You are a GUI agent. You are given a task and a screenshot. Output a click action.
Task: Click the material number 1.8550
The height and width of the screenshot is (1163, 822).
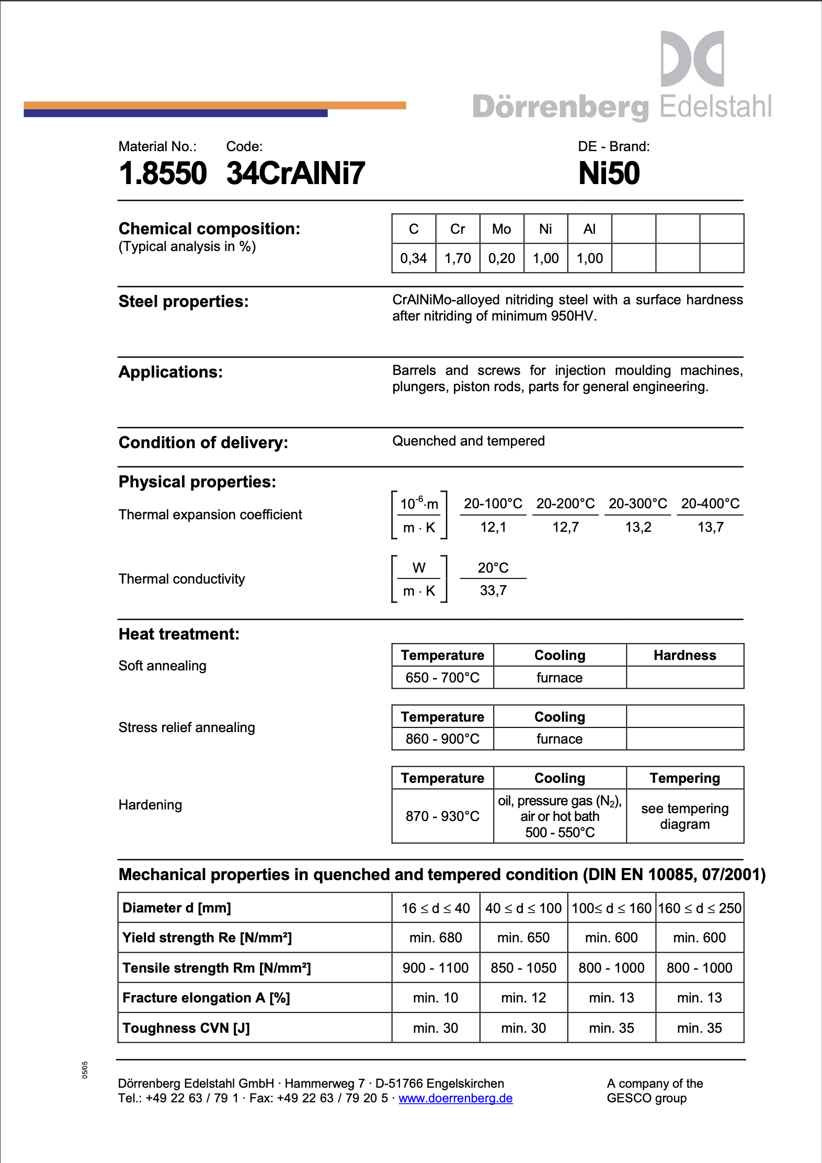pyautogui.click(x=163, y=174)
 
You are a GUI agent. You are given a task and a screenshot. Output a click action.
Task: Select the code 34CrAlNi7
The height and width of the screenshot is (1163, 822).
pyautogui.click(x=295, y=174)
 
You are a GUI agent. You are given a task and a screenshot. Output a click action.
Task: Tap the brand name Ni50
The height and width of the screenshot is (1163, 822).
pyautogui.click(x=609, y=174)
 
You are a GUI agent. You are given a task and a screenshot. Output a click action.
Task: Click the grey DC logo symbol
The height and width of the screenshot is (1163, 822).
pyautogui.click(x=692, y=59)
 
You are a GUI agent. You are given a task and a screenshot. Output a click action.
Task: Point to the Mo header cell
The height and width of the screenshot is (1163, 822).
pyautogui.click(x=501, y=229)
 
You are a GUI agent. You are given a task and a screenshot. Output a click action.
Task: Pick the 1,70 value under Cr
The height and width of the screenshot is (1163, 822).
pyautogui.click(x=458, y=258)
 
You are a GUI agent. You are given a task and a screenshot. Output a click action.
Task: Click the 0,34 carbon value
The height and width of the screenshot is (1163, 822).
pyautogui.click(x=414, y=258)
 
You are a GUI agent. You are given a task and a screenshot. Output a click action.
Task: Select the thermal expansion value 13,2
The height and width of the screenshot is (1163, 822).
pyautogui.click(x=638, y=527)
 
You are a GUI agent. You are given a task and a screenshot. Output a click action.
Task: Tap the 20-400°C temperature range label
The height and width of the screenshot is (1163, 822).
pyautogui.click(x=710, y=504)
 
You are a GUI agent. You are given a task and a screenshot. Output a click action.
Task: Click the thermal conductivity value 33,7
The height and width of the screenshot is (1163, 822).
pyautogui.click(x=493, y=591)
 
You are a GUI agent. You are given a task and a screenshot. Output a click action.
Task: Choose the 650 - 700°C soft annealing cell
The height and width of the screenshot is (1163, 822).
pyautogui.click(x=442, y=678)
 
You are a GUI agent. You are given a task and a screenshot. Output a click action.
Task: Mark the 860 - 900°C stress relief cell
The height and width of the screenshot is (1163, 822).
pyautogui.click(x=442, y=739)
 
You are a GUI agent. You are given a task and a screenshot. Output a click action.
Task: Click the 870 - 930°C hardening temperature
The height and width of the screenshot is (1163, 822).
pyautogui.click(x=442, y=816)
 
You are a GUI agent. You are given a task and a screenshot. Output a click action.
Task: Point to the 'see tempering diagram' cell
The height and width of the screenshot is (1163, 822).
pyautogui.click(x=684, y=816)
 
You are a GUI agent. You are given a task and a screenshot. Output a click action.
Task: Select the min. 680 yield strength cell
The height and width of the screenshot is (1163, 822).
pyautogui.click(x=436, y=938)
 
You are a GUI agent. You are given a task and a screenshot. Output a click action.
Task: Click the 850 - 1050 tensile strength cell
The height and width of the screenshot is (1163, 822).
pyautogui.click(x=523, y=968)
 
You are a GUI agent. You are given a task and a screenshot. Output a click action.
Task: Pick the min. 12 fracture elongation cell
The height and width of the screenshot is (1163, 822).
pyautogui.click(x=523, y=998)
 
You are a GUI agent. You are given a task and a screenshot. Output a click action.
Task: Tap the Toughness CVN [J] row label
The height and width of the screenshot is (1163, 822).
pyautogui.click(x=186, y=1028)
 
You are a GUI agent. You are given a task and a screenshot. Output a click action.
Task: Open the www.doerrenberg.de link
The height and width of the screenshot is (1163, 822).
pyautogui.click(x=455, y=1098)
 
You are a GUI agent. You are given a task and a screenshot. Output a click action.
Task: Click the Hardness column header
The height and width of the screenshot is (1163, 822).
pyautogui.click(x=684, y=655)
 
